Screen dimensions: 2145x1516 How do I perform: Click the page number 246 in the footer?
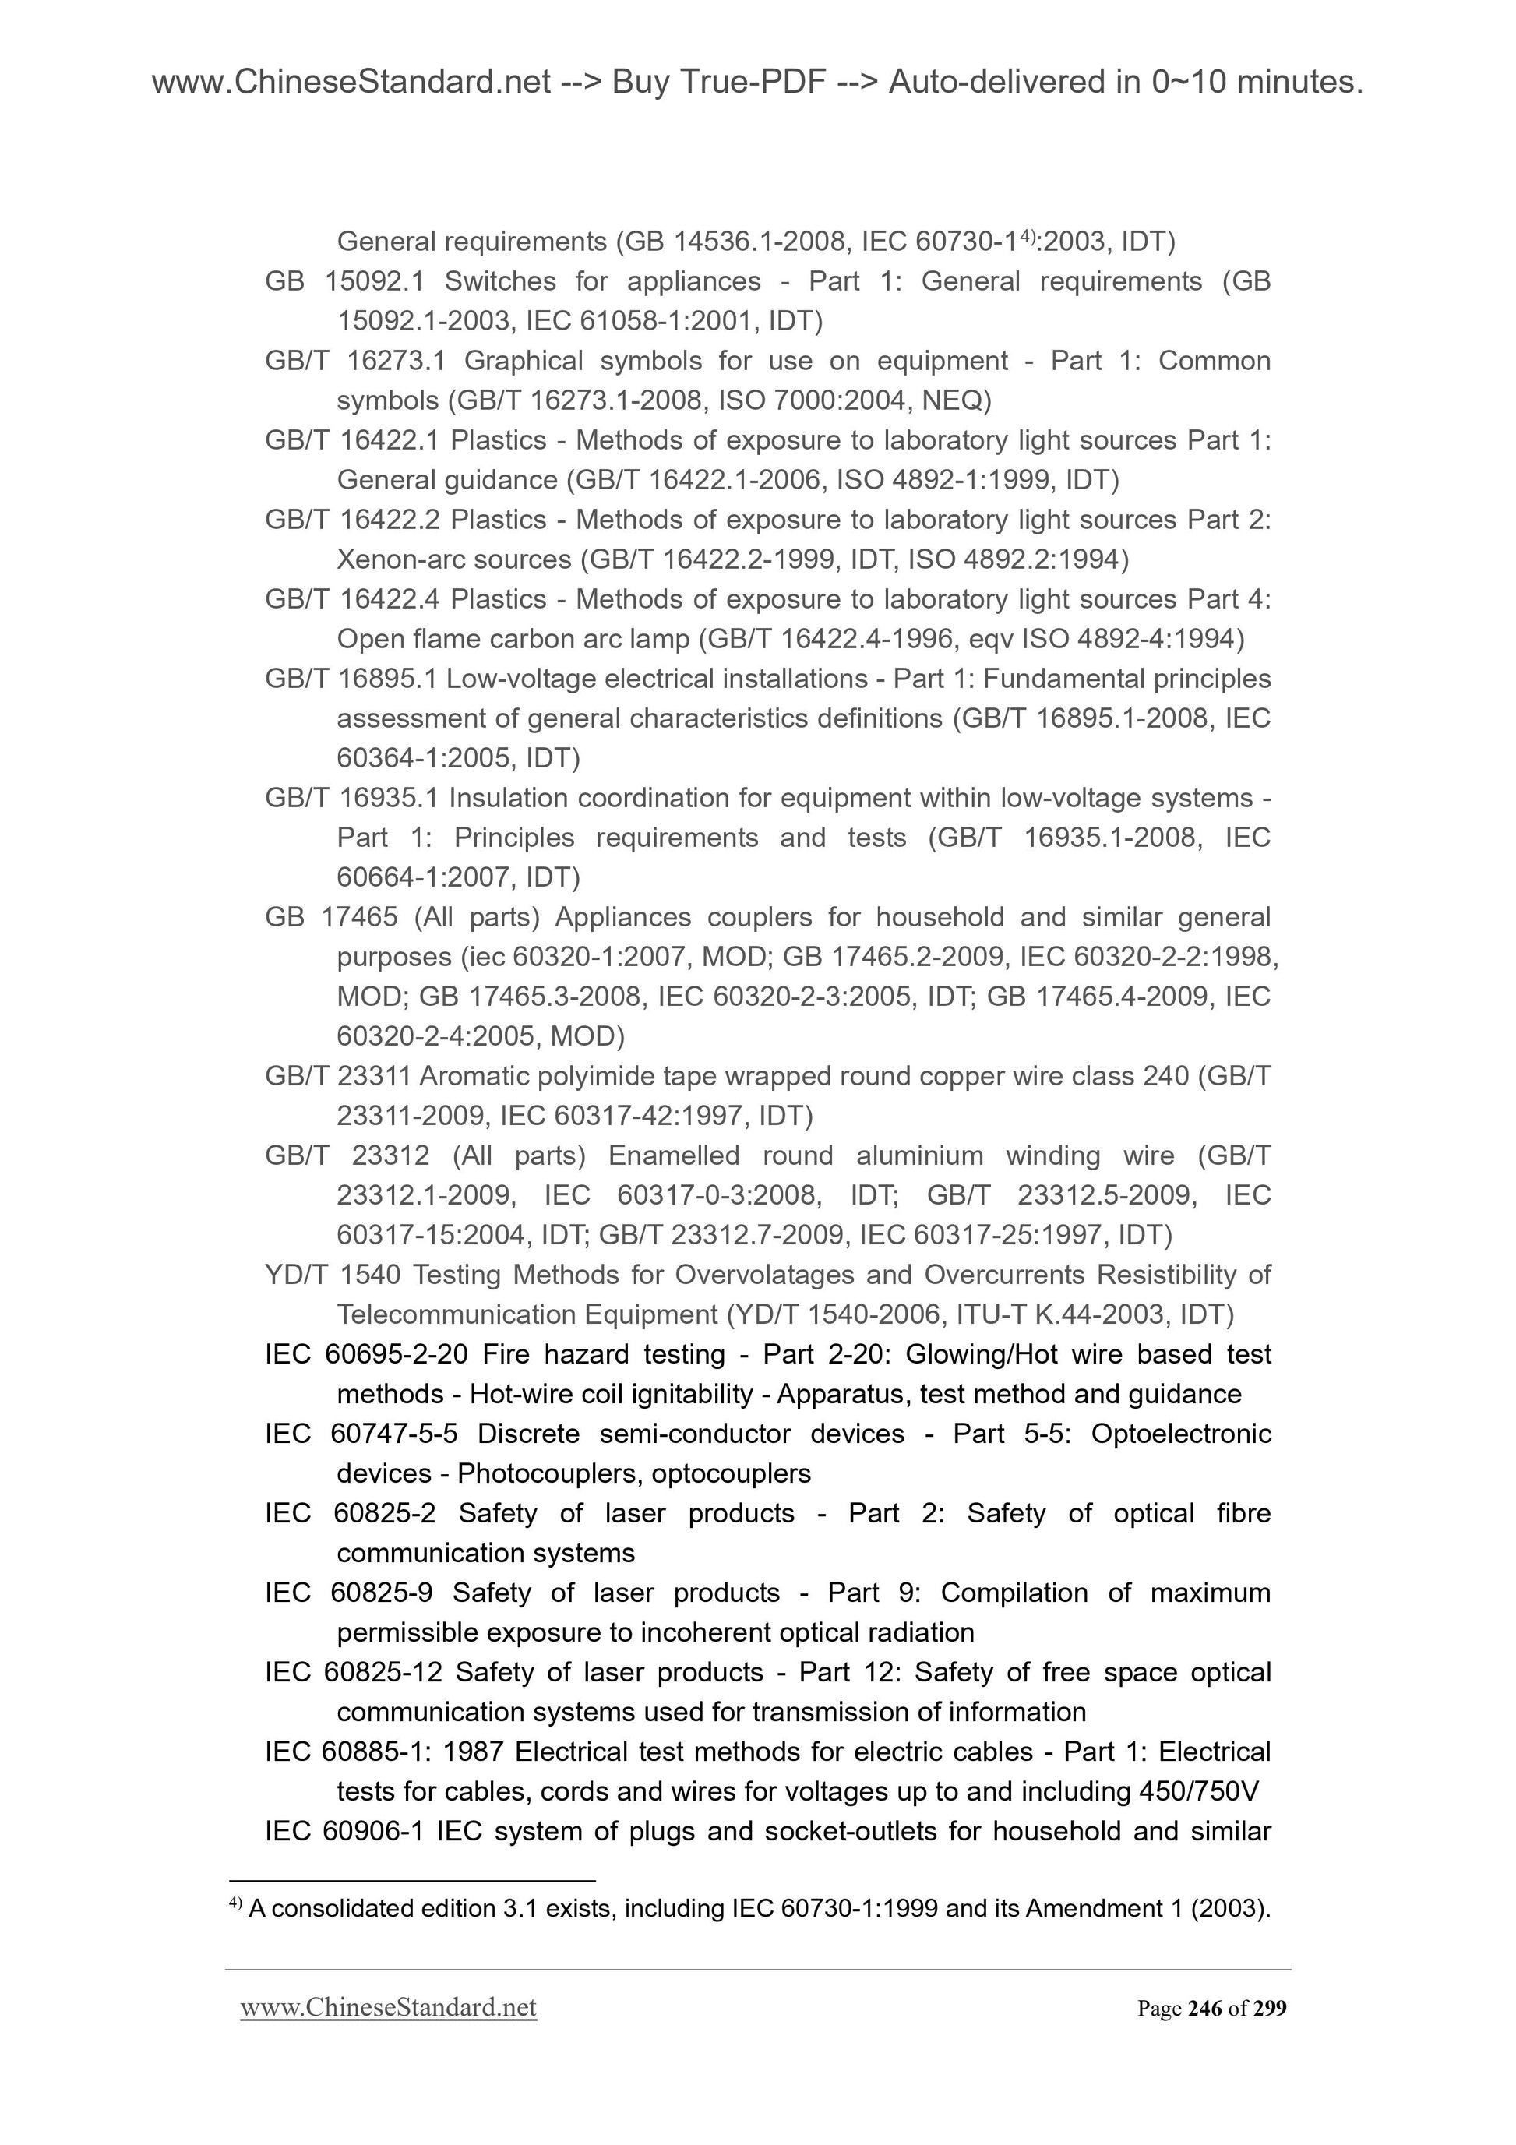[x=1205, y=2008]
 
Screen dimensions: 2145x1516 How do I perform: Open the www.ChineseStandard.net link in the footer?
[x=388, y=2008]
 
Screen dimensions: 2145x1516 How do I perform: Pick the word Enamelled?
[x=673, y=1155]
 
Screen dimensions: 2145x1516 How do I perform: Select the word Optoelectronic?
[x=1181, y=1434]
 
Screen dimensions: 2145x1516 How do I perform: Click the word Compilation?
[x=1014, y=1593]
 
